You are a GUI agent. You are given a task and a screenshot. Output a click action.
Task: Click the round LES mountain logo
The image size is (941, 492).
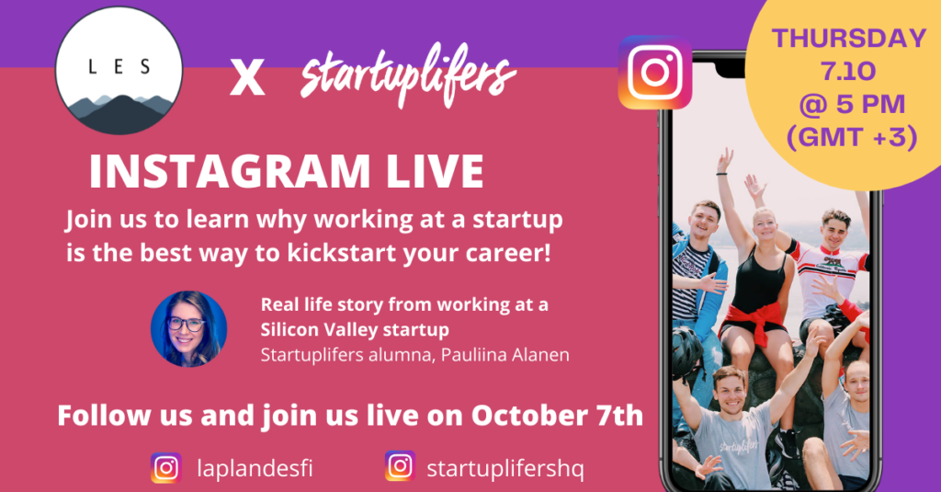click(119, 71)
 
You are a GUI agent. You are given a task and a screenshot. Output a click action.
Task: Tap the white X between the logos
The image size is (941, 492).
click(247, 79)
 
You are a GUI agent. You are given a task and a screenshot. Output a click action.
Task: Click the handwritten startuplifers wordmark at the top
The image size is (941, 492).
click(407, 75)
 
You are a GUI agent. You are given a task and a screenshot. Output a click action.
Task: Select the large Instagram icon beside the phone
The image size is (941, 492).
click(654, 73)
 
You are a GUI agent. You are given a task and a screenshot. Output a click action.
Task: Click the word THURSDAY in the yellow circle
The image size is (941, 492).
click(848, 39)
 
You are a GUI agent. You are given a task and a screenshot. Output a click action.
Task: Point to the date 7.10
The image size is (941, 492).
click(848, 72)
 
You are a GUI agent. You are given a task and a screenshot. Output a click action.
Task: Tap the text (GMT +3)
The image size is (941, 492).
click(852, 138)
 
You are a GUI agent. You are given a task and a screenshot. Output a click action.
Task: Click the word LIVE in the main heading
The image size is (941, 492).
click(435, 172)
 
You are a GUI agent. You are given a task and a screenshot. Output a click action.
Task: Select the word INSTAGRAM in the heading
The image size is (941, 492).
click(229, 172)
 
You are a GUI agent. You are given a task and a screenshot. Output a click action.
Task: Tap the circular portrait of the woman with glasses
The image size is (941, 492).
click(188, 328)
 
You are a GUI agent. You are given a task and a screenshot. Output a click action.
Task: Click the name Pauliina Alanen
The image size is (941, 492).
click(505, 355)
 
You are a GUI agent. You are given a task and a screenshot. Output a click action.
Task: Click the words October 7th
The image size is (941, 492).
click(557, 416)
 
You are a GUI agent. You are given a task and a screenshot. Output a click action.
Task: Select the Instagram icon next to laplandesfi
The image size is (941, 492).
click(166, 468)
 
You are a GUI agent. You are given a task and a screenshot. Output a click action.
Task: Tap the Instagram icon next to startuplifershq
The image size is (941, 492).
click(401, 466)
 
